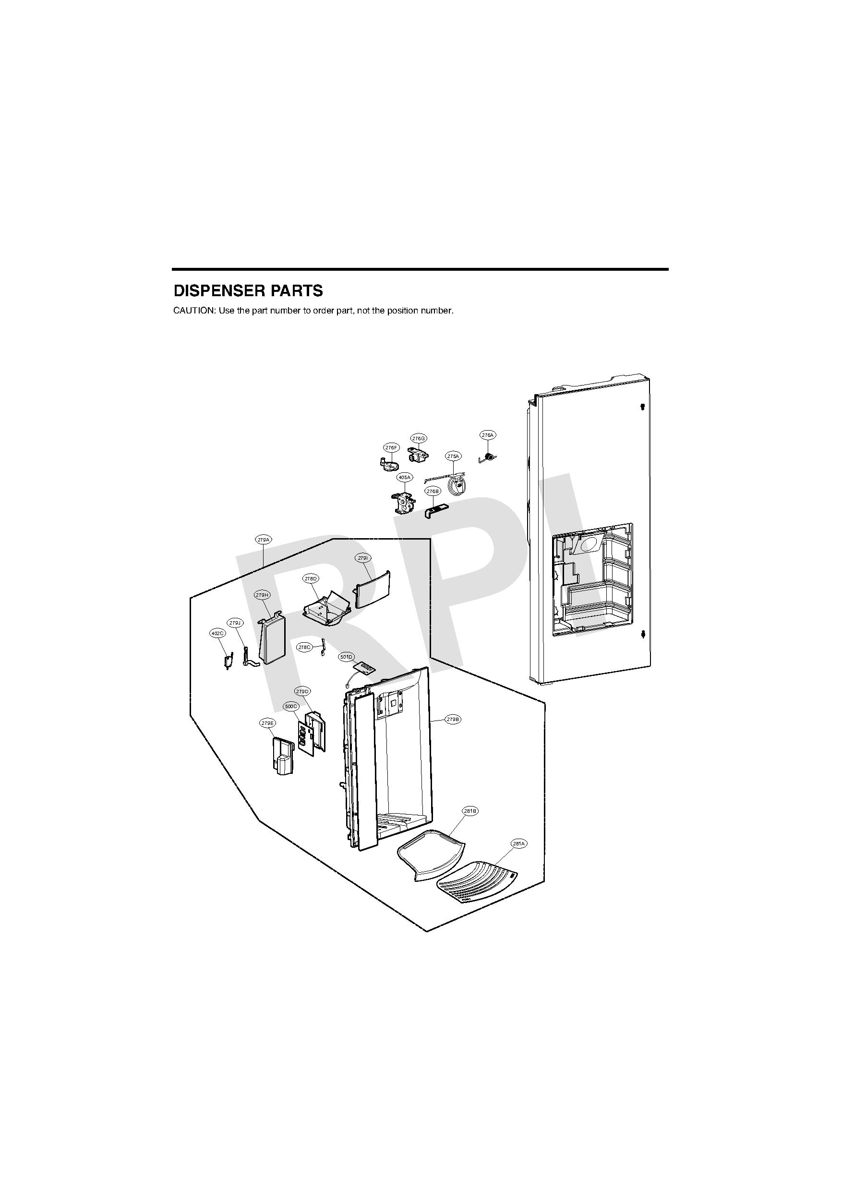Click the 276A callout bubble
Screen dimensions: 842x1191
coord(487,435)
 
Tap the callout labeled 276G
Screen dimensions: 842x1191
coord(419,438)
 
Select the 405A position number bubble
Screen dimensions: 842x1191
coord(404,477)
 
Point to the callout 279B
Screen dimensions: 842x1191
coord(453,720)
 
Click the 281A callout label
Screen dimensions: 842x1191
coord(519,844)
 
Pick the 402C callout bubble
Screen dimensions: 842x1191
coord(217,633)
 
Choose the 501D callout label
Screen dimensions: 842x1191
coord(346,657)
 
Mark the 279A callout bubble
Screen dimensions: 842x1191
coord(264,540)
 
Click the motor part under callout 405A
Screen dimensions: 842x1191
coord(404,502)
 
